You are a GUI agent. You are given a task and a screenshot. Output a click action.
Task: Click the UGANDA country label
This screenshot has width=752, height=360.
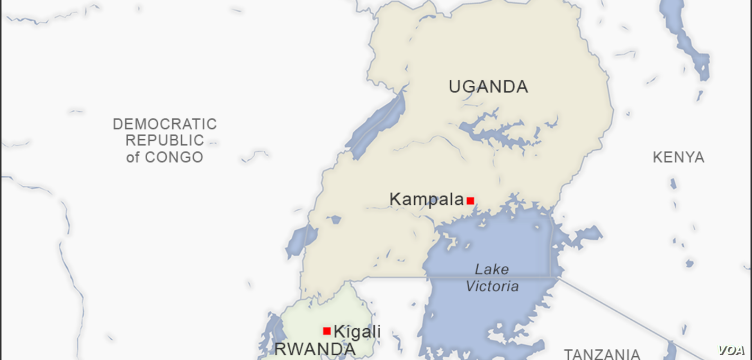[488, 86]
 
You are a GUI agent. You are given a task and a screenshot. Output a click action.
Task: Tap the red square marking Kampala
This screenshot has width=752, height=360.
[470, 201]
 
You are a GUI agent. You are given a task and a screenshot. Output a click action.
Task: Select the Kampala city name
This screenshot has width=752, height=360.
[426, 200]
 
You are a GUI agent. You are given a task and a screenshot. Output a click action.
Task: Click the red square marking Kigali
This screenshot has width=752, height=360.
[327, 331]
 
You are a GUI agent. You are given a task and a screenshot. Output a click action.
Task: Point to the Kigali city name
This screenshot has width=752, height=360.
[357, 332]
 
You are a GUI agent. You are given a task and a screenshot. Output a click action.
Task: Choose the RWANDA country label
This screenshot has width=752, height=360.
[315, 349]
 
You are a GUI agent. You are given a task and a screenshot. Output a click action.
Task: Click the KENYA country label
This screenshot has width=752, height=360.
[678, 157]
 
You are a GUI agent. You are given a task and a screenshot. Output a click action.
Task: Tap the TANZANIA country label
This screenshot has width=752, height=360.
[602, 354]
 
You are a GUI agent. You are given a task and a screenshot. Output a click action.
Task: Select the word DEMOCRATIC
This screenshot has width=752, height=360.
[165, 124]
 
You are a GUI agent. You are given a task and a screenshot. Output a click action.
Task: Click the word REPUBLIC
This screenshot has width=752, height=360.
[165, 140]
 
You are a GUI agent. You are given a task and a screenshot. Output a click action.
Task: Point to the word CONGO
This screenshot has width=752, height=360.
[174, 157]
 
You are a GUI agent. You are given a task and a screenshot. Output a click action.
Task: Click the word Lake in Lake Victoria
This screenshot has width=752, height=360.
[491, 269]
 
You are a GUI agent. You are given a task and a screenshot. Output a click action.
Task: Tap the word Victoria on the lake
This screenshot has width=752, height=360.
[492, 286]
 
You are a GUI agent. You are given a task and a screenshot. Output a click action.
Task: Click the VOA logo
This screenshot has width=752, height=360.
[731, 350]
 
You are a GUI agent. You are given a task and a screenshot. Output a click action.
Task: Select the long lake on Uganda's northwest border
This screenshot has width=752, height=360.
[377, 125]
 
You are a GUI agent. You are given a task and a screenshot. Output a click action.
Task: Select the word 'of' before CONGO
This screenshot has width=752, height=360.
[133, 157]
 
